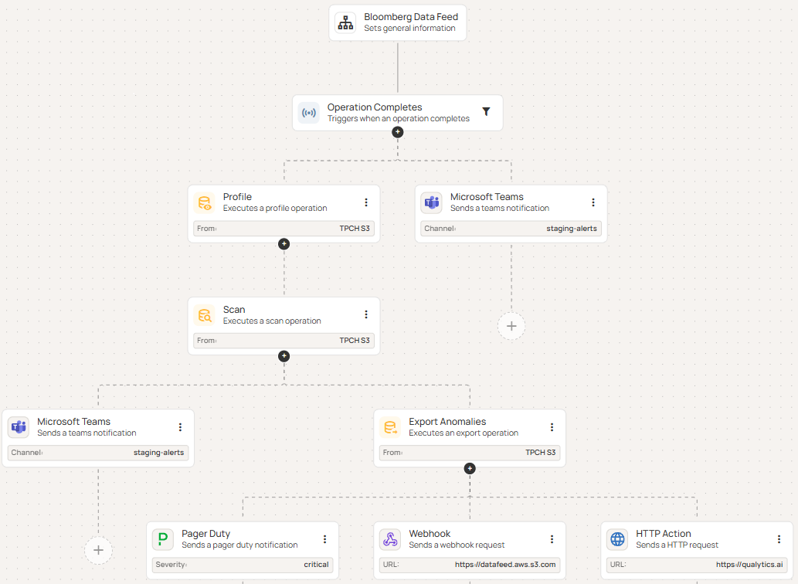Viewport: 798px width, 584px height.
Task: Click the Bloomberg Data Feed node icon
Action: (x=345, y=23)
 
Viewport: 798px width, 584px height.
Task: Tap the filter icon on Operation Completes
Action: (x=486, y=112)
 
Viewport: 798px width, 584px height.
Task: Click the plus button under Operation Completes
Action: (x=398, y=132)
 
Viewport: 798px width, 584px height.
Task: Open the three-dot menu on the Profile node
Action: (x=366, y=202)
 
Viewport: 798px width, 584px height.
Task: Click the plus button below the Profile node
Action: (x=284, y=243)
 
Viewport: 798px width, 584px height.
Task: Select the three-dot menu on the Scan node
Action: (x=366, y=314)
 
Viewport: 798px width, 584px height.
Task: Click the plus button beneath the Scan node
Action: (x=284, y=356)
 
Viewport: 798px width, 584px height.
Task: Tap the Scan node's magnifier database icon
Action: (x=205, y=315)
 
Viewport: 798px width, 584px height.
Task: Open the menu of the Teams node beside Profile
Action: (x=593, y=202)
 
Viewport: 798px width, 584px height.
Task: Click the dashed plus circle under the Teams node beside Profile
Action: (x=511, y=327)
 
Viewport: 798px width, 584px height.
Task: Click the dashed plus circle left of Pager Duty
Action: (x=98, y=550)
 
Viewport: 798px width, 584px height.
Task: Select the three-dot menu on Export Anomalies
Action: (x=552, y=427)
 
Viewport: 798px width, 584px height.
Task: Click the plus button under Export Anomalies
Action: (x=470, y=468)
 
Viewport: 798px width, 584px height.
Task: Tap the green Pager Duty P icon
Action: (x=163, y=539)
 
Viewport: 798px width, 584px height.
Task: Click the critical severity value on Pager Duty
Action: (x=316, y=565)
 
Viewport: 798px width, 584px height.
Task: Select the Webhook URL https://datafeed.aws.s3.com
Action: (x=505, y=565)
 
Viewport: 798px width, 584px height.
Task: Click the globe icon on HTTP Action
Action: (x=617, y=539)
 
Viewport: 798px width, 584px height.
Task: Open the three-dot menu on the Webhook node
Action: (x=552, y=539)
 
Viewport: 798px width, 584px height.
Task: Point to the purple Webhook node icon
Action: (x=390, y=539)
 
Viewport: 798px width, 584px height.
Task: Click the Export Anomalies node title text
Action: (x=447, y=422)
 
